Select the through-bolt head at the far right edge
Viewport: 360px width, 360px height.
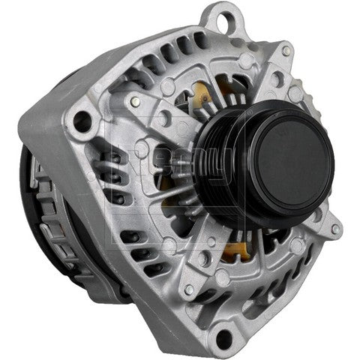335,228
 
